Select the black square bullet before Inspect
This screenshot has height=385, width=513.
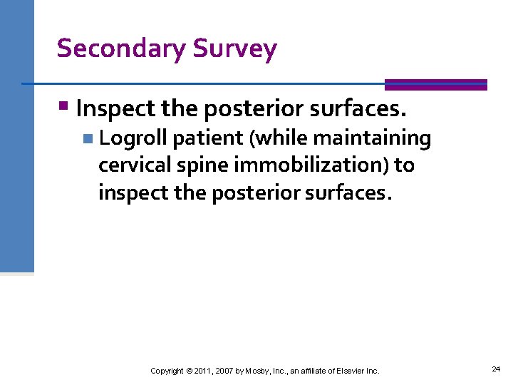(64, 108)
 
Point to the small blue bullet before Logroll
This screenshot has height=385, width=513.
(87, 138)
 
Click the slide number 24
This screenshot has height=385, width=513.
(496, 369)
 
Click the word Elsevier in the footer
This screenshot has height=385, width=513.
(349, 371)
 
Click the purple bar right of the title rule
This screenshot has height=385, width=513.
(435, 84)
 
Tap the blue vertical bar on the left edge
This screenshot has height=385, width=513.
(16, 135)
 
